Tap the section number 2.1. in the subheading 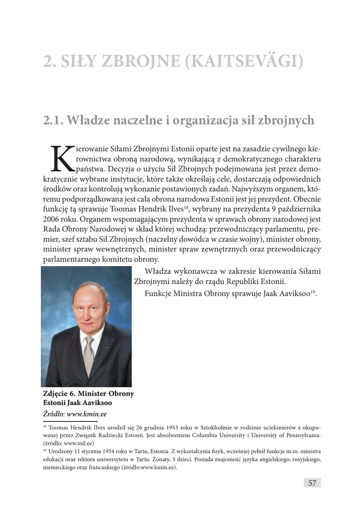(x=53, y=120)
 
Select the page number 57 (x=312, y=483)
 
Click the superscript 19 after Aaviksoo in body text (x=313, y=292)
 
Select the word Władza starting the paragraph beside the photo (x=158, y=271)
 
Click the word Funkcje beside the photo (x=158, y=294)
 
